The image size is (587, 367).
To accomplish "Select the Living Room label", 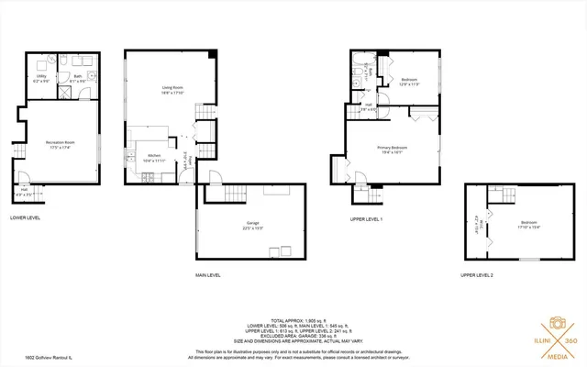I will (x=161, y=90).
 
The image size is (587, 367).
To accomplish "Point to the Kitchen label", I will (x=154, y=158).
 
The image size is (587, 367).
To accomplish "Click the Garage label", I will (x=253, y=225).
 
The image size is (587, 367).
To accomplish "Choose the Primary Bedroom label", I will (x=392, y=150).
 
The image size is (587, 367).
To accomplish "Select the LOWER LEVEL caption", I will (x=27, y=217).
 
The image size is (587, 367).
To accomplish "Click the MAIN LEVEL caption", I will (x=208, y=274).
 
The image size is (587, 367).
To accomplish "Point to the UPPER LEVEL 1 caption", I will (x=367, y=219).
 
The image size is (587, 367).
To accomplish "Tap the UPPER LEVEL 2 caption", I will (x=477, y=274).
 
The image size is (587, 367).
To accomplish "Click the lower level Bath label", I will (x=79, y=80).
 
